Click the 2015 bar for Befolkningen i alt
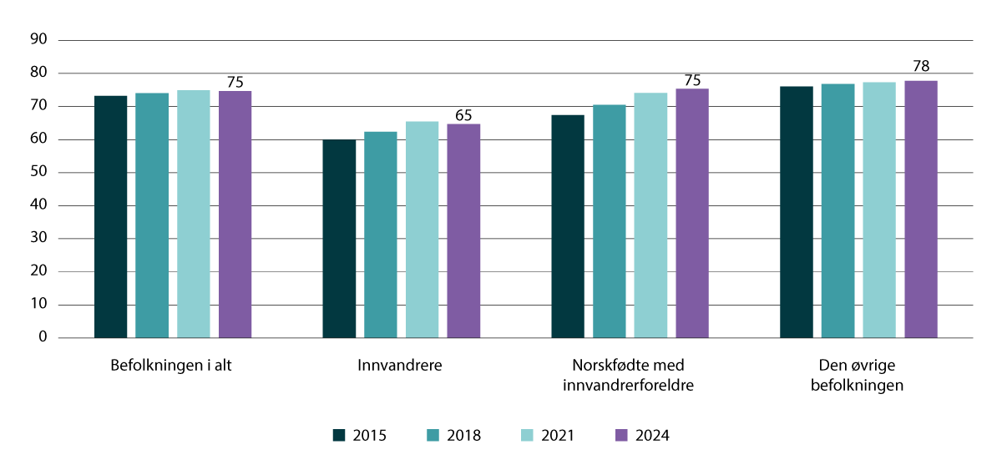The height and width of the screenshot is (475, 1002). coord(110,217)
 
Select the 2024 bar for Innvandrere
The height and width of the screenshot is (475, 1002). coord(463,231)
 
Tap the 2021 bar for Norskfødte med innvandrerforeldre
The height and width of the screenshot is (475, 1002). coord(650,215)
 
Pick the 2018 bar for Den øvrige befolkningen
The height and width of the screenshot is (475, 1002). coord(838,210)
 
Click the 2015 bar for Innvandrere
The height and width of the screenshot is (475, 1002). coord(339,239)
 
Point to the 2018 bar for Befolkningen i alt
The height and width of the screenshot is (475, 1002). coord(152,215)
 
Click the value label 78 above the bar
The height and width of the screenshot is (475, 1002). coord(921,66)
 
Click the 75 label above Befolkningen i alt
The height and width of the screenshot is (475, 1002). coord(235,82)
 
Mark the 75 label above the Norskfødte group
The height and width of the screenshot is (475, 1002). coord(692,80)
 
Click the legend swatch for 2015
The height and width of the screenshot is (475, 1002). coord(339,435)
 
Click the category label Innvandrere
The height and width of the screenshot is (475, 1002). coord(401,366)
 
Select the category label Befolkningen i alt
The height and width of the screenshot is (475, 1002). coord(170,366)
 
